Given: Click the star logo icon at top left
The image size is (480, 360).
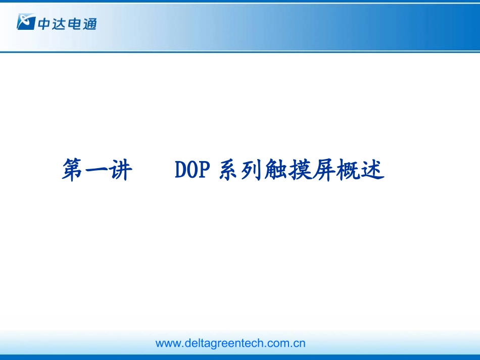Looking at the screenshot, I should [25, 22].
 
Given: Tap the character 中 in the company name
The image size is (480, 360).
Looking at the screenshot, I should [43, 23].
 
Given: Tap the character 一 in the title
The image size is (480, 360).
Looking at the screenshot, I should [98, 170].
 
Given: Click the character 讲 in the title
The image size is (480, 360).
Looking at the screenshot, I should [121, 170].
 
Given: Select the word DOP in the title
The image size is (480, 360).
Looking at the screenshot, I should [192, 170].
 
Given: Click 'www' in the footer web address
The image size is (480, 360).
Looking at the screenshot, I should [167, 344].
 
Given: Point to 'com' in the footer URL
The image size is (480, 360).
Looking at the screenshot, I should [278, 344].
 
